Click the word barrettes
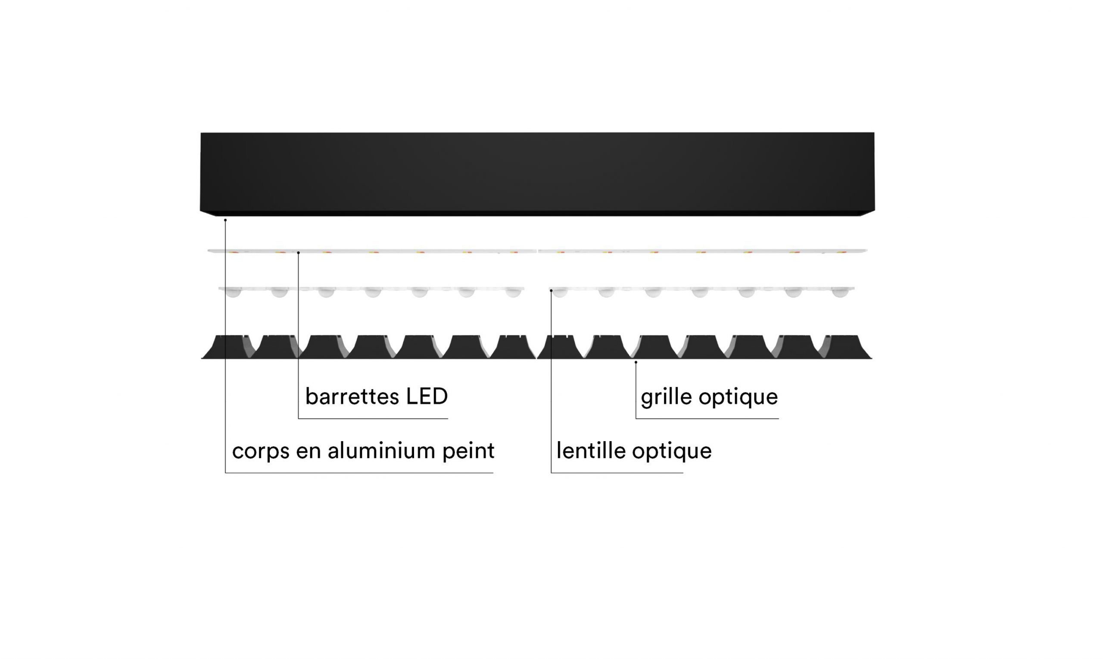[353, 396]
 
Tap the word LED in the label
[427, 396]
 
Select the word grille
[667, 398]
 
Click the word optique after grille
[738, 398]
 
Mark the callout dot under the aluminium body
[225, 220]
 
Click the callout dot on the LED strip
[299, 253]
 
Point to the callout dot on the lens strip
[551, 291]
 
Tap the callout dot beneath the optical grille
[636, 362]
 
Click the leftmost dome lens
[233, 292]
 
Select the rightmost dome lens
[840, 292]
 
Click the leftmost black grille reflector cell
[227, 347]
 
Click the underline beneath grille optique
[707, 418]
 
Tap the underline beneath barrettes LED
[373, 418]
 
